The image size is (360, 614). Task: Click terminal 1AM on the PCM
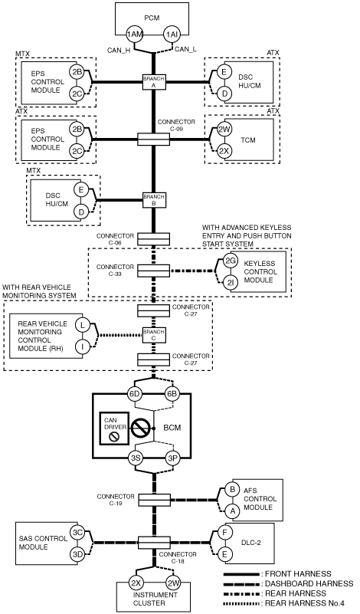[x=135, y=34]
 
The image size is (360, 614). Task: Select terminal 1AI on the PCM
[x=172, y=34]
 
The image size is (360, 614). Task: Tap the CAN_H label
[x=119, y=50]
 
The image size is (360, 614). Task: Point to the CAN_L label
[x=185, y=49]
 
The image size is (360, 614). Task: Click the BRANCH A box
[x=154, y=82]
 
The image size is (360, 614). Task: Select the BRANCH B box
[x=154, y=200]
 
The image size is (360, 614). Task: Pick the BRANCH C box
[x=154, y=335]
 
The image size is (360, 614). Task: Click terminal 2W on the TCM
[x=224, y=130]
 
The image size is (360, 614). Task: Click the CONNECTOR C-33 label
[x=115, y=270]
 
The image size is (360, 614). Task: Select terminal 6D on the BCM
[x=135, y=394]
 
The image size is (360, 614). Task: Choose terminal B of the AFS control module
[x=232, y=490]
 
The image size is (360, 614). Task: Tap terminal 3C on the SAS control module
[x=77, y=532]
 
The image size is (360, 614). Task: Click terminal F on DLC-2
[x=224, y=533]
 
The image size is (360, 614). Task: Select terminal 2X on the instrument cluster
[x=136, y=583]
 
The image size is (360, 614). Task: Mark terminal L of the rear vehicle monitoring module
[x=82, y=324]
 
